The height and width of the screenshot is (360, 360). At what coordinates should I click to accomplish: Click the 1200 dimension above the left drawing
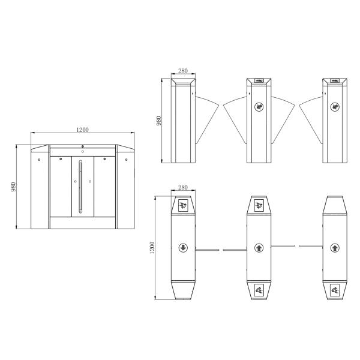coord(82,130)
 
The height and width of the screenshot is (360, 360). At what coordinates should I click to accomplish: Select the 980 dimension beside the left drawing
coord(13,187)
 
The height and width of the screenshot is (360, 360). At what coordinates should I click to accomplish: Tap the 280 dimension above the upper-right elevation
coord(183,71)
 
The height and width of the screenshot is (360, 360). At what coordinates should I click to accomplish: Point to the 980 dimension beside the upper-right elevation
coord(158,121)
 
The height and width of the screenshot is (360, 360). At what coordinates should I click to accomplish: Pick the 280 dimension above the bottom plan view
coord(183,187)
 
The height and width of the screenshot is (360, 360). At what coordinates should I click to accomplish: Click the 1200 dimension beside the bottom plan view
coord(152,248)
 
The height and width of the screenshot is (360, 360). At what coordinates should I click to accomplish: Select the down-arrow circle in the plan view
coord(183,248)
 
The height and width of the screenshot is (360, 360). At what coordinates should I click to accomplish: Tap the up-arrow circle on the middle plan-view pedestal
coord(259,248)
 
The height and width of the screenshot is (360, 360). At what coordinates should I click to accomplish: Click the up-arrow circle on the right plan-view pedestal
coord(335,248)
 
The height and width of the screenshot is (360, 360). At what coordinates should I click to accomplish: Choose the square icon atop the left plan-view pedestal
coord(183,205)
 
